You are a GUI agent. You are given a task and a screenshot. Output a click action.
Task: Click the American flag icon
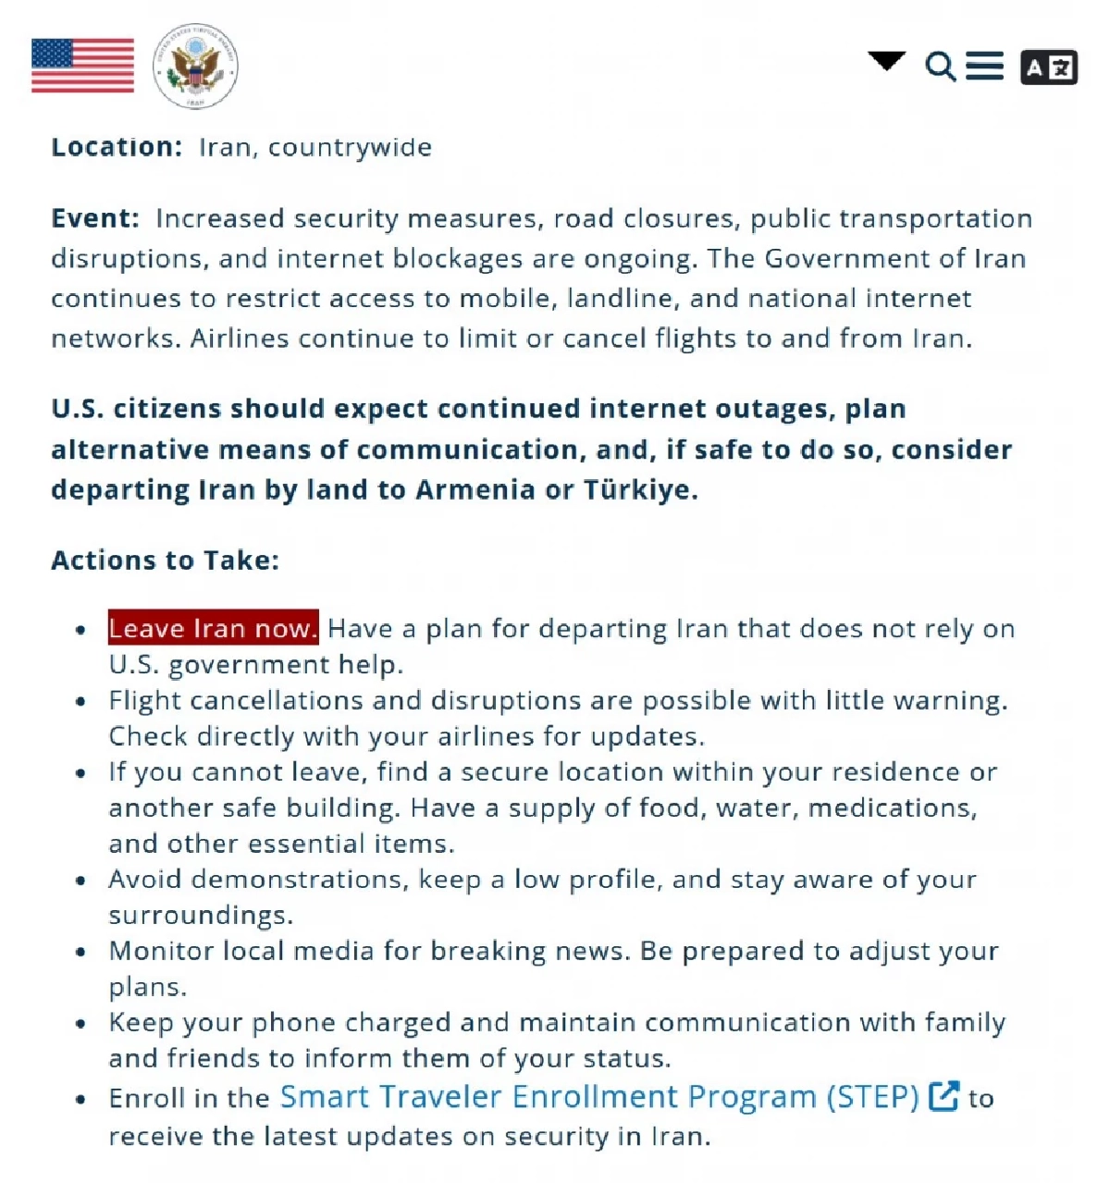pos(82,66)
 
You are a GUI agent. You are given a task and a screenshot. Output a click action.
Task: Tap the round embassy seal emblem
pos(195,67)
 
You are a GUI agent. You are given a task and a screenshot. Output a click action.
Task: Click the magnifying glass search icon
pos(940,67)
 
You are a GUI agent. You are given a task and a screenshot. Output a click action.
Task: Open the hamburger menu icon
pos(984,67)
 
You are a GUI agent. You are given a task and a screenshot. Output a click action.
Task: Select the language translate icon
pos(1048,68)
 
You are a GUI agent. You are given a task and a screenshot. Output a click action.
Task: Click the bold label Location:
pos(117,147)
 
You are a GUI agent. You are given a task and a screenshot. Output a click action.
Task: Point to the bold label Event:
pos(94,218)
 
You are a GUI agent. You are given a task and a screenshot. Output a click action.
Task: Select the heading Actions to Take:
pos(165,560)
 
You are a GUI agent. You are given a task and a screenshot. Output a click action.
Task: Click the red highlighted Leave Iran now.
pos(213,628)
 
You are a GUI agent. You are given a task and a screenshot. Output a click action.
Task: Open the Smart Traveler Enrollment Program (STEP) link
pos(599,1097)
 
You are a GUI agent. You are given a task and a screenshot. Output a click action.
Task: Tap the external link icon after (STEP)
pos(943,1096)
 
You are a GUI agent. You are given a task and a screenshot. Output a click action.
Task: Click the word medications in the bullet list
pos(892,808)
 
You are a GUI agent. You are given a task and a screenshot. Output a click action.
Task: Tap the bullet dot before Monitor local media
pos(81,952)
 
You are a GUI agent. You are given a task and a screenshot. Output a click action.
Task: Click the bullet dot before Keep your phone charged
pos(81,1023)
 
